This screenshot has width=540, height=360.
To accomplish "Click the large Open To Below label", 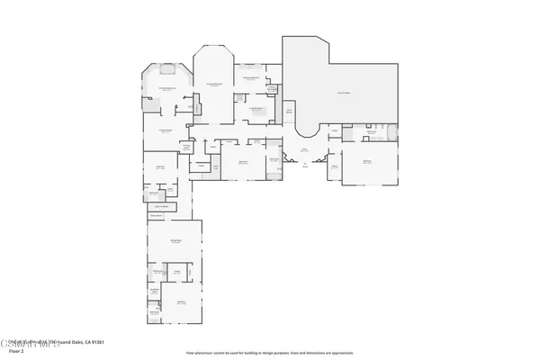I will click(343, 93).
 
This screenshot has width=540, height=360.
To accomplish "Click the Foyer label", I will click(304, 150).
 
